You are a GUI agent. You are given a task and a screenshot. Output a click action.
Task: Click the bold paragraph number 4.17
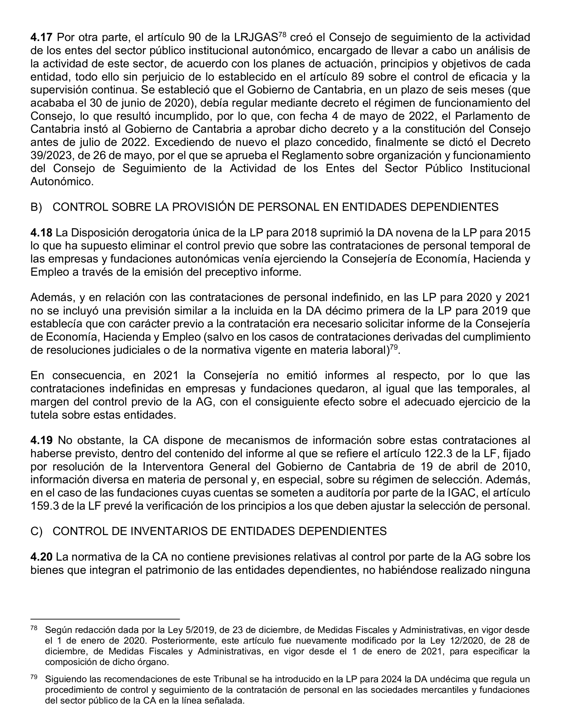41,38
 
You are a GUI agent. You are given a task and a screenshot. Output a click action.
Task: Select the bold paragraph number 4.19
41,440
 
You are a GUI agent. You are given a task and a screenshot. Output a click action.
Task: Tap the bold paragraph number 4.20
41,557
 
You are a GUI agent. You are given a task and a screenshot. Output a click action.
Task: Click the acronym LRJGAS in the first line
256,38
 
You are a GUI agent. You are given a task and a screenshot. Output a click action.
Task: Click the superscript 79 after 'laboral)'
394,347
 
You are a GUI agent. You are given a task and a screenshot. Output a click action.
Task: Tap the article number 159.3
44,506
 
